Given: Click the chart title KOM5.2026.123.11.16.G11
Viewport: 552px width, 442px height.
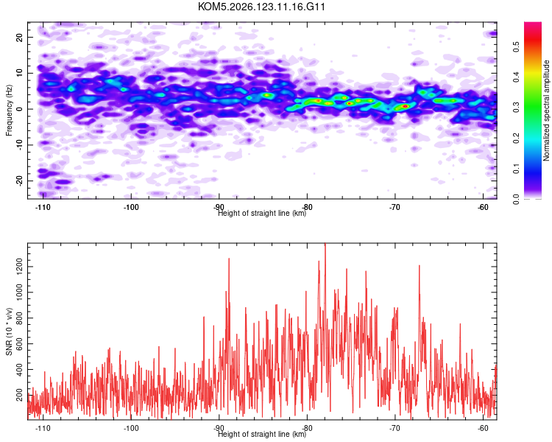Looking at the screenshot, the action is (261, 7).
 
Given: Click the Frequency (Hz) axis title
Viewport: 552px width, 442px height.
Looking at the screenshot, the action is (9, 110).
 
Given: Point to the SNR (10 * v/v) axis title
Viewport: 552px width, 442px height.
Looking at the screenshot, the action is (9, 331).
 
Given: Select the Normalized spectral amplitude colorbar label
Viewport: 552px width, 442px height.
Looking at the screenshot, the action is (546, 110).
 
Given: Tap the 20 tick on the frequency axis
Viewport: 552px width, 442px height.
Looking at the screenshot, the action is (20, 37).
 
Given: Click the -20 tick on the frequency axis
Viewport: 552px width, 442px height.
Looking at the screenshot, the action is (20, 180).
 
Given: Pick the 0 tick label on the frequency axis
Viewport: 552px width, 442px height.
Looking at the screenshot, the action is (20, 109).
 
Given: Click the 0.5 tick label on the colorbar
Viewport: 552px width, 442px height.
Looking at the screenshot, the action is (516, 46).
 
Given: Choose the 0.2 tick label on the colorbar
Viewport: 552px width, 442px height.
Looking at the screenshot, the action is (516, 138).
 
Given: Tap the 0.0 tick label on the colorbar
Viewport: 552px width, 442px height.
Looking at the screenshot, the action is (516, 199).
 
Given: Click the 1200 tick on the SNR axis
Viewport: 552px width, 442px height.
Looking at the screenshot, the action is (20, 267).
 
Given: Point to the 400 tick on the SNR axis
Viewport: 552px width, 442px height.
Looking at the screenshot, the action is (20, 369).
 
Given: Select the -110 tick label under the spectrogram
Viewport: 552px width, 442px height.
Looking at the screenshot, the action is (43, 207).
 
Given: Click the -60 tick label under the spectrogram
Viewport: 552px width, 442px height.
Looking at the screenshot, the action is (483, 207).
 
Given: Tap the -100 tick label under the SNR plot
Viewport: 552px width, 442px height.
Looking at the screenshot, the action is (131, 428).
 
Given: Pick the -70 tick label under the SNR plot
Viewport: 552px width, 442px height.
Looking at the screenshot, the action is (395, 428).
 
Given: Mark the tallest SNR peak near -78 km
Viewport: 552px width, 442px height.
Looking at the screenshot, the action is (325, 244).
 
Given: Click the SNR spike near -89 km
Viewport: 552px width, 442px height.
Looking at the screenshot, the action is (229, 259).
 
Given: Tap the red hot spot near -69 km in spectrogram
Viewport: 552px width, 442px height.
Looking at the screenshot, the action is (406, 106).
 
